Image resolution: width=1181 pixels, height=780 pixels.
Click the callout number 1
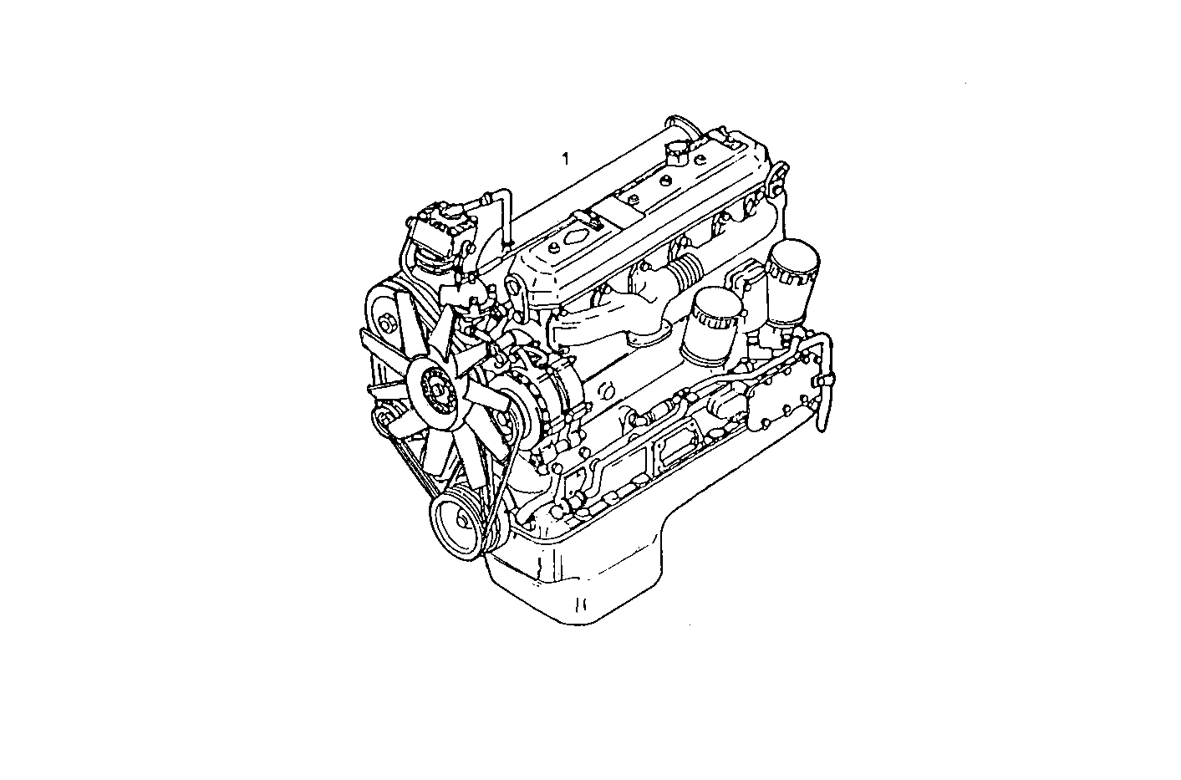coord(565,159)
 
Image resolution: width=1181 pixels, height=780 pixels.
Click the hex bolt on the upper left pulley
coord(386,322)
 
